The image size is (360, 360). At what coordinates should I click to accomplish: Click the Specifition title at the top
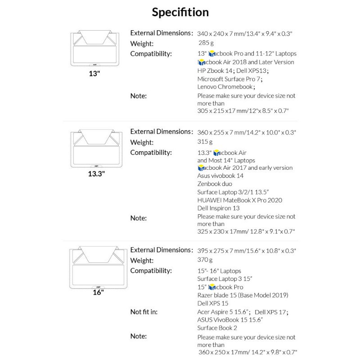pos(180,12)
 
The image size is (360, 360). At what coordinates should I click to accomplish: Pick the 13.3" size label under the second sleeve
pos(96,172)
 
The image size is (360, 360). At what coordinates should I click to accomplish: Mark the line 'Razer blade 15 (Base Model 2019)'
pos(243,295)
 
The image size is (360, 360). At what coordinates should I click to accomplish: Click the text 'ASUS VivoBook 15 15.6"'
pos(230,319)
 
